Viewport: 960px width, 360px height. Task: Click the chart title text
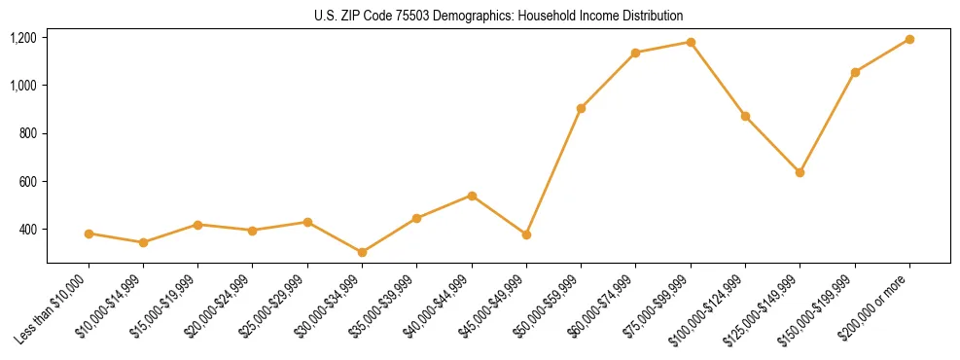[499, 16]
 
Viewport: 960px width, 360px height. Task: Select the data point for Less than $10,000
[89, 234]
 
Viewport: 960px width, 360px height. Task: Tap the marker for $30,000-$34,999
[362, 252]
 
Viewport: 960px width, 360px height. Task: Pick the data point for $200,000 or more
[909, 39]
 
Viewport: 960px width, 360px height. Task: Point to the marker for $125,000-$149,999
[800, 172]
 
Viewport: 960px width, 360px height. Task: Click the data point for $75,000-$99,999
[691, 42]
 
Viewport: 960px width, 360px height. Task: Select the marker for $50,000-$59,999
[581, 108]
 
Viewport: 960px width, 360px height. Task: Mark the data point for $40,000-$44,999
[472, 196]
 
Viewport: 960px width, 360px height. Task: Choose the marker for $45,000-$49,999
[526, 234]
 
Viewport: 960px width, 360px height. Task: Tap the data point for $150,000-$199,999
[855, 72]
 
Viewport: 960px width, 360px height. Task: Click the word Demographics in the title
[478, 16]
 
